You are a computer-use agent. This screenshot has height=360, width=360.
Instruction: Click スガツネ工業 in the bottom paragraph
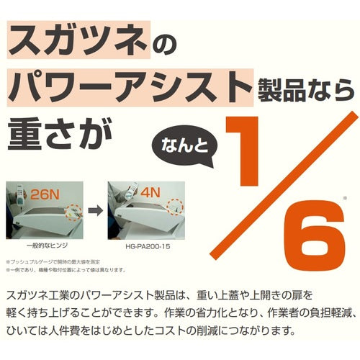point(42,296)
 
